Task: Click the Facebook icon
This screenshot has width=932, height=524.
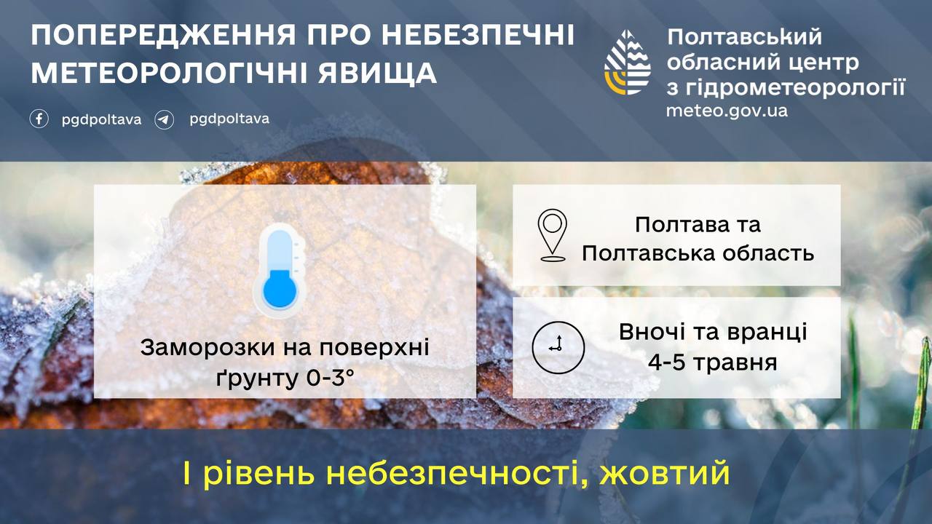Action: pos(39,119)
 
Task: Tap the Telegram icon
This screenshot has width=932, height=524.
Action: pos(165,120)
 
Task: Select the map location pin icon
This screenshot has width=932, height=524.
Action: pos(553,235)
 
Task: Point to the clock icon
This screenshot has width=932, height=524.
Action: pos(558,347)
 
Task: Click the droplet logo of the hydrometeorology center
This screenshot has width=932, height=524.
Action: pos(628,63)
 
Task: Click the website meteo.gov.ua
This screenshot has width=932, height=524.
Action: pos(727,111)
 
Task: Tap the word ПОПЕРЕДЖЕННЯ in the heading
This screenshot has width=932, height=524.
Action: pos(164,35)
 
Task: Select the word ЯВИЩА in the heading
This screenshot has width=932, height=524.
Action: pos(378,74)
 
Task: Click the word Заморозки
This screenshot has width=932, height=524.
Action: pos(208,347)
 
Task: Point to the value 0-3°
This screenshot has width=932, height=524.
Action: pos(331,378)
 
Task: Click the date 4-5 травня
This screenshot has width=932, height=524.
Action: pos(713,362)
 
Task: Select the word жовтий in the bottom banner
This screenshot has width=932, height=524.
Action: pos(665,474)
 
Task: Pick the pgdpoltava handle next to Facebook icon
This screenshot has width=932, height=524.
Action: pos(101,120)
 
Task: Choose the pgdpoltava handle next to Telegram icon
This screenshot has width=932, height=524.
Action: pos(229,119)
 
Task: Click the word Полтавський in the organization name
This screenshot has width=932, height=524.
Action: pos(745,36)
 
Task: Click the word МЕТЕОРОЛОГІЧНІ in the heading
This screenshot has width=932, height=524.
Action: pos(170,74)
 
